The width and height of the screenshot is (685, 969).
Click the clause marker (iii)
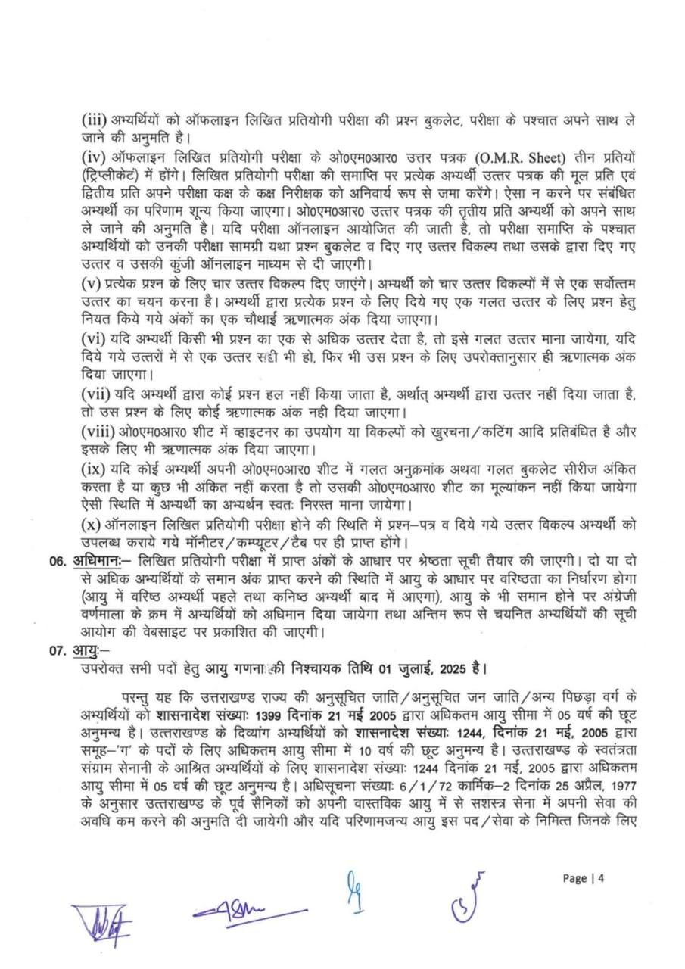coord(95,120)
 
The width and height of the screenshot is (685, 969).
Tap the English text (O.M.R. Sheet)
coord(519,157)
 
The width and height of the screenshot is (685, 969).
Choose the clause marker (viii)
coord(98,431)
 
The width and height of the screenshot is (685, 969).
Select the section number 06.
coord(58,562)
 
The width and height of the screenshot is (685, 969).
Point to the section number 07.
coord(58,650)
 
